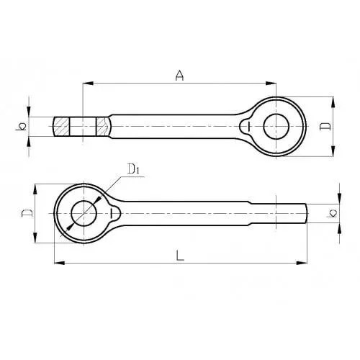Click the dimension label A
coord(179,76)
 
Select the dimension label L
coord(180,256)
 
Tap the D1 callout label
coord(133,168)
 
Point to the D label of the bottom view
coord(27,213)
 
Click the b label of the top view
coord(21,127)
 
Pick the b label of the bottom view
coord(332,213)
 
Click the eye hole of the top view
coord(276,127)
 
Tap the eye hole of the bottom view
coord(84,213)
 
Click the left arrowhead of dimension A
coord(88,84)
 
